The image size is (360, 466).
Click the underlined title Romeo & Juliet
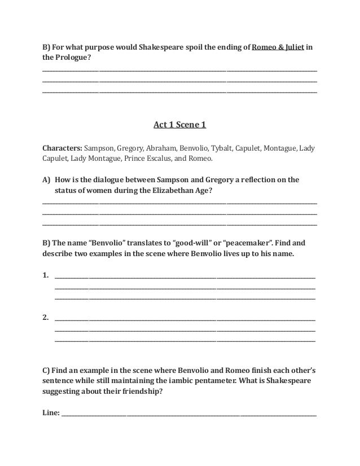click(x=278, y=46)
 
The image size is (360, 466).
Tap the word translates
click(x=145, y=243)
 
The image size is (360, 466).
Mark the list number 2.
click(x=45, y=317)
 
